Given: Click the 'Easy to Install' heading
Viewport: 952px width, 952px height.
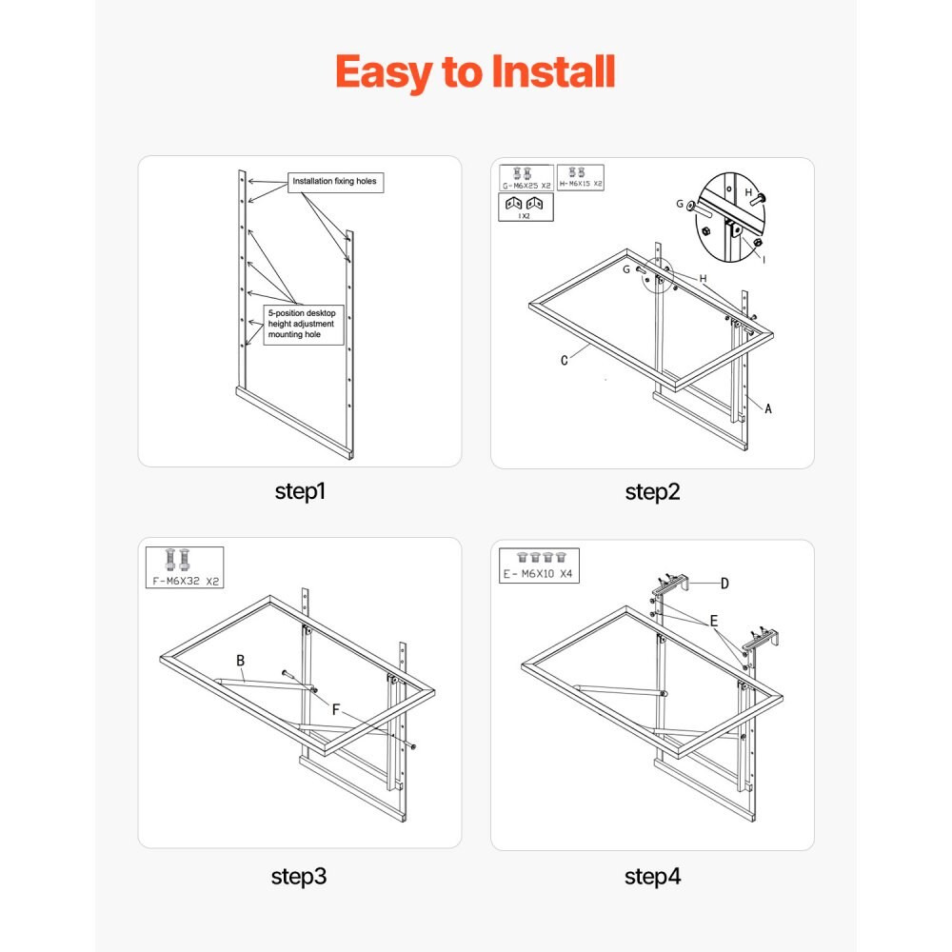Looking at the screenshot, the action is click(475, 72).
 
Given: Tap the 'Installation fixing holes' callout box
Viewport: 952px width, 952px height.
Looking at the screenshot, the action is click(335, 182).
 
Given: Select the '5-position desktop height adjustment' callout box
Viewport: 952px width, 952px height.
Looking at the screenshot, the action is click(304, 325).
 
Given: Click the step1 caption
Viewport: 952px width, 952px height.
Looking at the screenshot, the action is click(300, 491).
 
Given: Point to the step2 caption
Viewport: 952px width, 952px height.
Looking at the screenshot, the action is click(653, 492).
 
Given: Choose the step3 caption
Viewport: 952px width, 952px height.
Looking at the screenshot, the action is click(299, 876).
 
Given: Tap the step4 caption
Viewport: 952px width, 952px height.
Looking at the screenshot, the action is click(653, 876).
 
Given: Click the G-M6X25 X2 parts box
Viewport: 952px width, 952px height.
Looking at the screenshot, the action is click(526, 177).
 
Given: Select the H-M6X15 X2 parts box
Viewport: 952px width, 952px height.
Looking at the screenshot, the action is click(581, 177).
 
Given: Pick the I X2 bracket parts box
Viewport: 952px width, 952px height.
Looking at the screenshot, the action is click(526, 207).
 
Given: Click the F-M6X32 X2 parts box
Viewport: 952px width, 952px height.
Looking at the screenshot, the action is click(185, 567).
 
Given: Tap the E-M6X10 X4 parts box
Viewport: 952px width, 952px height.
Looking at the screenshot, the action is click(539, 565).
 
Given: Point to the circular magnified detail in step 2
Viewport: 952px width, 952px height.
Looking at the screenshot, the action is click(729, 217).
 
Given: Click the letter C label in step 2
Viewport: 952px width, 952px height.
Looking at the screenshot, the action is click(564, 361).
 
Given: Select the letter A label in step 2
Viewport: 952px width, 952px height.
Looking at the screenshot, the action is click(768, 408).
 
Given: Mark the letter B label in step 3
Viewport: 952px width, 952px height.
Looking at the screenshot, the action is click(241, 661).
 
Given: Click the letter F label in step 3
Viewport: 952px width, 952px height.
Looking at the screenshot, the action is click(336, 709).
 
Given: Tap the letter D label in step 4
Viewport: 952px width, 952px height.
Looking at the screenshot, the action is click(724, 584).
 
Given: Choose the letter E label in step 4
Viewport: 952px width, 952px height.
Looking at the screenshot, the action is click(714, 621).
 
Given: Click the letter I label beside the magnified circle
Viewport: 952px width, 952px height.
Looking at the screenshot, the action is click(764, 260).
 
